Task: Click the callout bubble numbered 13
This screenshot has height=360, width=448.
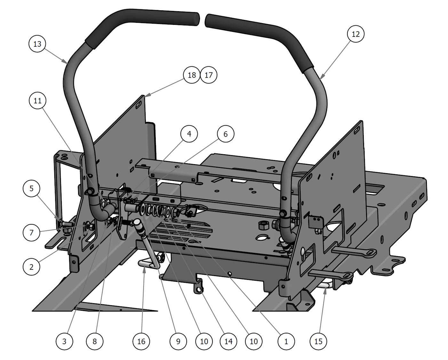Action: (37, 44)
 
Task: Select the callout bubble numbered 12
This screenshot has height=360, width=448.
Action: (356, 34)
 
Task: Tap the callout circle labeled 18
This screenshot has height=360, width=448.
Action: (192, 75)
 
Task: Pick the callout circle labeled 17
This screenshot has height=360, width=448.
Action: (208, 75)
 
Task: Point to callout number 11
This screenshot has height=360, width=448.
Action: (37, 100)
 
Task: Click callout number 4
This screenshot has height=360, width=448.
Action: (189, 133)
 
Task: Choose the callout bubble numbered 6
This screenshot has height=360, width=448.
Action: (225, 134)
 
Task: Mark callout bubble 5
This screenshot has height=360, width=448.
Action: (31, 188)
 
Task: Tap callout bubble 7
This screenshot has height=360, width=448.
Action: (31, 232)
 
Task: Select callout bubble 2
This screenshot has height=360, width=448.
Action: (31, 267)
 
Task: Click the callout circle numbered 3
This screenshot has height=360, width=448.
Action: (64, 341)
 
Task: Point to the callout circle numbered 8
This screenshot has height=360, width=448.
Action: (94, 341)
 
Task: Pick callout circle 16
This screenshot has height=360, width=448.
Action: (141, 341)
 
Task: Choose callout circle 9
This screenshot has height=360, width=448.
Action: (178, 341)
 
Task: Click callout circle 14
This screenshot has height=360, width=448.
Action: (228, 341)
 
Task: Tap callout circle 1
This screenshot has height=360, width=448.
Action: (286, 341)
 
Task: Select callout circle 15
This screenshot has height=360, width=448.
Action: (318, 341)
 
